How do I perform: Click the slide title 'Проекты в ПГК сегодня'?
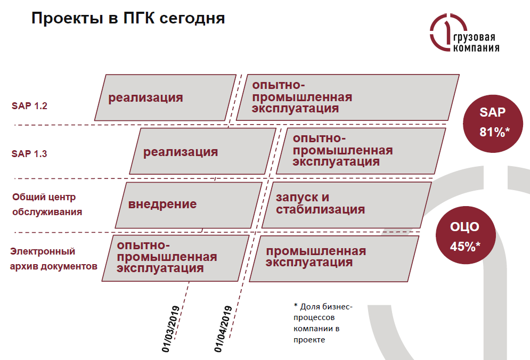click(x=128, y=19)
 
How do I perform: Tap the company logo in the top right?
click(x=464, y=34)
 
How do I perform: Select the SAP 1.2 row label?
click(x=29, y=105)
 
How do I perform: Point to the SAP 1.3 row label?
click(x=29, y=154)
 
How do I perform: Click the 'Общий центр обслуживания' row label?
click(x=47, y=204)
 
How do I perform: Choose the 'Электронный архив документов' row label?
click(x=53, y=258)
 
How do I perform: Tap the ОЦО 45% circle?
click(x=464, y=235)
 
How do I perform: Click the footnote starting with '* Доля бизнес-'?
click(x=323, y=323)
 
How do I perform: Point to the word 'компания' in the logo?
click(x=476, y=48)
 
